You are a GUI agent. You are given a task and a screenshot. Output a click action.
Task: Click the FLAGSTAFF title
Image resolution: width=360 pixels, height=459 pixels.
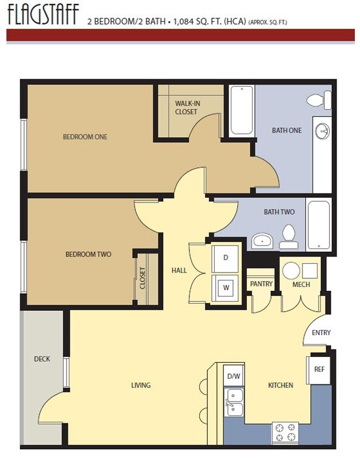(43, 14)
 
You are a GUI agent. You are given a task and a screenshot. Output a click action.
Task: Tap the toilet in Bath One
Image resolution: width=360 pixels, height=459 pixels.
(319, 100)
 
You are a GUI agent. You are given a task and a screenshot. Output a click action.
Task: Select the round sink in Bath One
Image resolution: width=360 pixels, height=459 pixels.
(322, 131)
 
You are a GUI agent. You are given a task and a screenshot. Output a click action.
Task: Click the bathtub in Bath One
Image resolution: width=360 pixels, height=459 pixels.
(242, 111)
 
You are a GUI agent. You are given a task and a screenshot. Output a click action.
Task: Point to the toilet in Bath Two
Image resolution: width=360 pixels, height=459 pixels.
(289, 237)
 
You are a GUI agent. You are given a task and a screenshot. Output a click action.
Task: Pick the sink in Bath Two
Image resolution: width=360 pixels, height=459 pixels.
(262, 241)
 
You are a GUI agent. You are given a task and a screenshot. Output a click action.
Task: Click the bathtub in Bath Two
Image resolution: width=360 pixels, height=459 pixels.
(319, 224)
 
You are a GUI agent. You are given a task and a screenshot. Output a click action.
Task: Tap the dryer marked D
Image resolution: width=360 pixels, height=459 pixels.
(225, 259)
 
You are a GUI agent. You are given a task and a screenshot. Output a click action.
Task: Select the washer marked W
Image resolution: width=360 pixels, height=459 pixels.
(225, 288)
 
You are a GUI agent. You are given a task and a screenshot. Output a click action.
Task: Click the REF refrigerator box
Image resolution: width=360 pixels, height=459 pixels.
(319, 369)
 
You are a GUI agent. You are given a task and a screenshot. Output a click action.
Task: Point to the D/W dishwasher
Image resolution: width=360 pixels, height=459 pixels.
(234, 376)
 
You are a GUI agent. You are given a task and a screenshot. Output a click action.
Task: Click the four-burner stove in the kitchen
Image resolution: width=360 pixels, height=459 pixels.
(285, 433)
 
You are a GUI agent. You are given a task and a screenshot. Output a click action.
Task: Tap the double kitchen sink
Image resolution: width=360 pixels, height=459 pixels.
(234, 402)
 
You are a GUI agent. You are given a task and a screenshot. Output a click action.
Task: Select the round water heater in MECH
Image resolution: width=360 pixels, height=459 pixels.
(291, 270)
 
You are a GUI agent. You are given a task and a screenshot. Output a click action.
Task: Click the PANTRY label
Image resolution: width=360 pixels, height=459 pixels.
(261, 283)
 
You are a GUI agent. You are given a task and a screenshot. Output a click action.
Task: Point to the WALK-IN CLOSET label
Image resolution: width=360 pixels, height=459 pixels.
(186, 107)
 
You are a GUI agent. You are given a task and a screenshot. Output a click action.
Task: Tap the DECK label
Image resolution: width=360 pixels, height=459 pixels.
(42, 359)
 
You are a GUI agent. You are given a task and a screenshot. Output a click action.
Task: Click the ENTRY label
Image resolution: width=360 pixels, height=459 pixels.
(321, 333)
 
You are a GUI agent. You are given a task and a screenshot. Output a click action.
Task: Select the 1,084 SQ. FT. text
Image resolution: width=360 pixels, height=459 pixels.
(198, 22)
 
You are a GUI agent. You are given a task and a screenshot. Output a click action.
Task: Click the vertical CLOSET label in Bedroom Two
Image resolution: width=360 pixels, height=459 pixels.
(142, 278)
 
